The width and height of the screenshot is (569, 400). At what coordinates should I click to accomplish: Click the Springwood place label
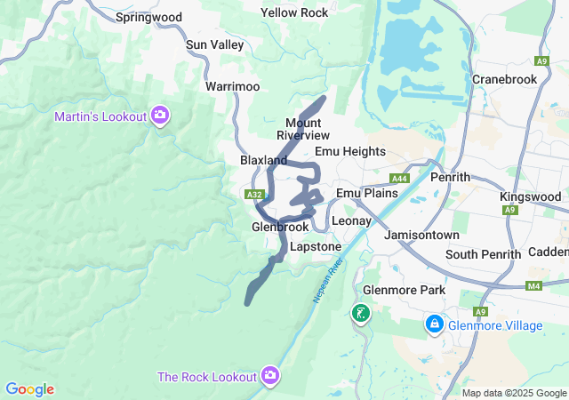[148, 17]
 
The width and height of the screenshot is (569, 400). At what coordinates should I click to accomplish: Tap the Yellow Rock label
[294, 12]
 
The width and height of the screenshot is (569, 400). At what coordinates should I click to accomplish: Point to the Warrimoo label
[232, 86]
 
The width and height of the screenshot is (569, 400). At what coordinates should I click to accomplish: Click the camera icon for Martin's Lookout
[160, 115]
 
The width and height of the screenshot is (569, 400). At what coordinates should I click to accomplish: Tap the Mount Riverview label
[303, 128]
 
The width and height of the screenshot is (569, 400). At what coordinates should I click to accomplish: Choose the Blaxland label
[263, 160]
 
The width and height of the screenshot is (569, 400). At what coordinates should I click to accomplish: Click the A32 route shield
[253, 194]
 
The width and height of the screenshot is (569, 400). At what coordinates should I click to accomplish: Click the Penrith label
[449, 177]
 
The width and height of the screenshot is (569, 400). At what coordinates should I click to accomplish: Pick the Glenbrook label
[280, 227]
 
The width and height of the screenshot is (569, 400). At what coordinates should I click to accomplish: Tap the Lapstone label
[316, 246]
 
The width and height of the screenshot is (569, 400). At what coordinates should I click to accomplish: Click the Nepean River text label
[327, 279]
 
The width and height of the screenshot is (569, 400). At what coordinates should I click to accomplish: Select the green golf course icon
[361, 313]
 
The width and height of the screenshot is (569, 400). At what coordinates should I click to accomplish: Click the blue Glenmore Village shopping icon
[435, 325]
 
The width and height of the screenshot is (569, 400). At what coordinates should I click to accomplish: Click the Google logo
[29, 389]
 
